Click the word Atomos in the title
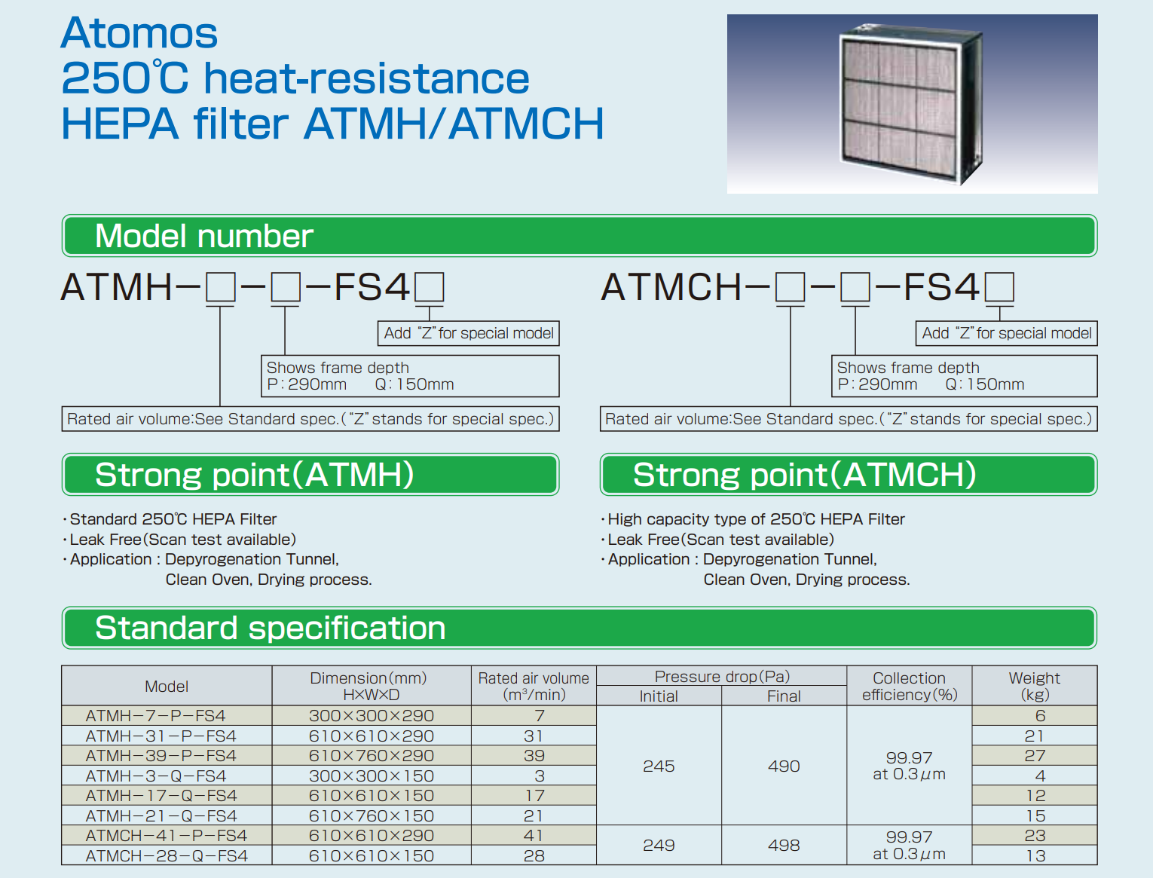[x=139, y=32]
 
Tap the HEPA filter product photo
[x=912, y=103]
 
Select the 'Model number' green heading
[x=580, y=236]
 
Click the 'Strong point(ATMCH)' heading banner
[x=849, y=475]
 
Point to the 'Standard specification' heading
[x=580, y=628]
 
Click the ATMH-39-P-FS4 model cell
[x=161, y=756]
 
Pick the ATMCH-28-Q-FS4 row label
[x=167, y=855]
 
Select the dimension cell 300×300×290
[x=372, y=716]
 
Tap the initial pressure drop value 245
[x=659, y=766]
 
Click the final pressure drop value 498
[x=784, y=846]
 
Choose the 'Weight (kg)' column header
[x=1034, y=686]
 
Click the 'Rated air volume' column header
[x=534, y=686]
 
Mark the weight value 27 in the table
[x=1035, y=756]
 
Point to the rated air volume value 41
[x=534, y=836]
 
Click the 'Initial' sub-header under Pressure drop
[x=659, y=696]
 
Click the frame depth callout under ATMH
[x=410, y=376]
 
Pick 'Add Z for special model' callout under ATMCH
[x=1007, y=333]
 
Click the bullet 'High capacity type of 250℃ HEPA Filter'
[x=756, y=519]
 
